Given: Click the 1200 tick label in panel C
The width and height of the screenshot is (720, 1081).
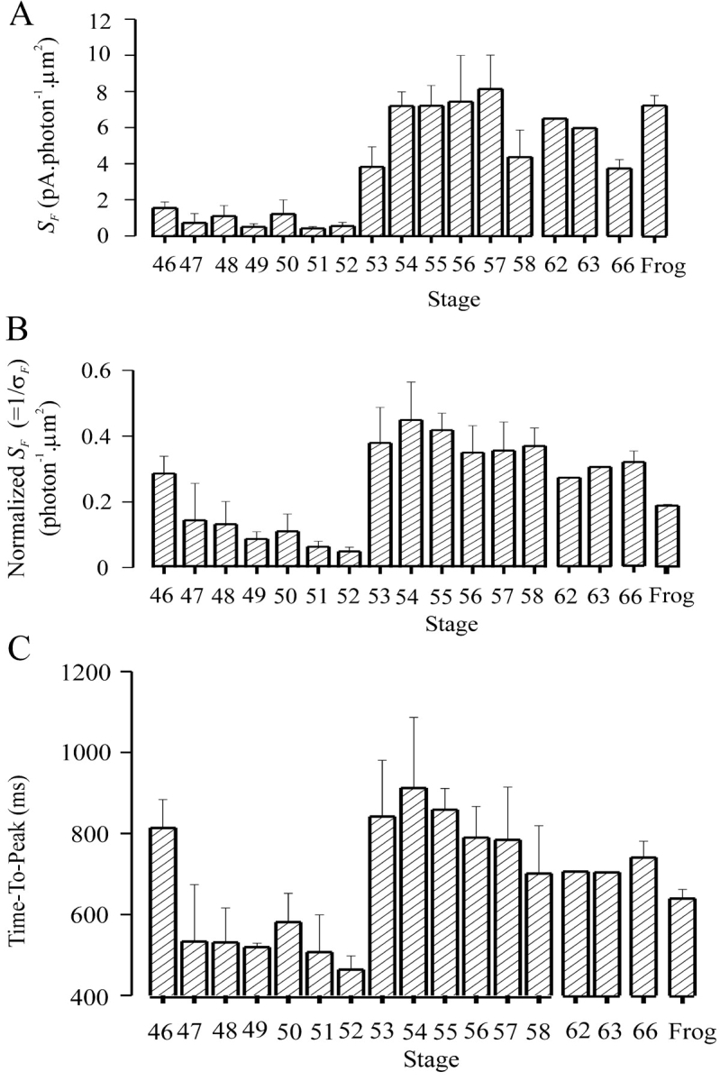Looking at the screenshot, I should tap(89, 672).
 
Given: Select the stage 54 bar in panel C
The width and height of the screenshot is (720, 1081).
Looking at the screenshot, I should tap(411, 891).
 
